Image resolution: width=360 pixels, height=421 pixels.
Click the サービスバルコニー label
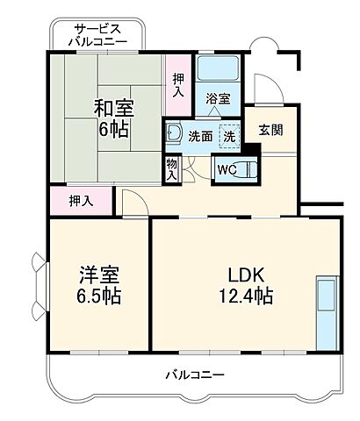101,34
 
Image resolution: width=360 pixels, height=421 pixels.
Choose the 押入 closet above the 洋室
82,201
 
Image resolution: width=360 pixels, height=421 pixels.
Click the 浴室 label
217,99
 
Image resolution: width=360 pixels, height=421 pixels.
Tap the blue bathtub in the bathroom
217,70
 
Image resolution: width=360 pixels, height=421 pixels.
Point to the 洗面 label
199,136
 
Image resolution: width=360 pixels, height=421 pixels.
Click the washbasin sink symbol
173,134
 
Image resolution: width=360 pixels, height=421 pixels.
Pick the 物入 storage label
171,167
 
